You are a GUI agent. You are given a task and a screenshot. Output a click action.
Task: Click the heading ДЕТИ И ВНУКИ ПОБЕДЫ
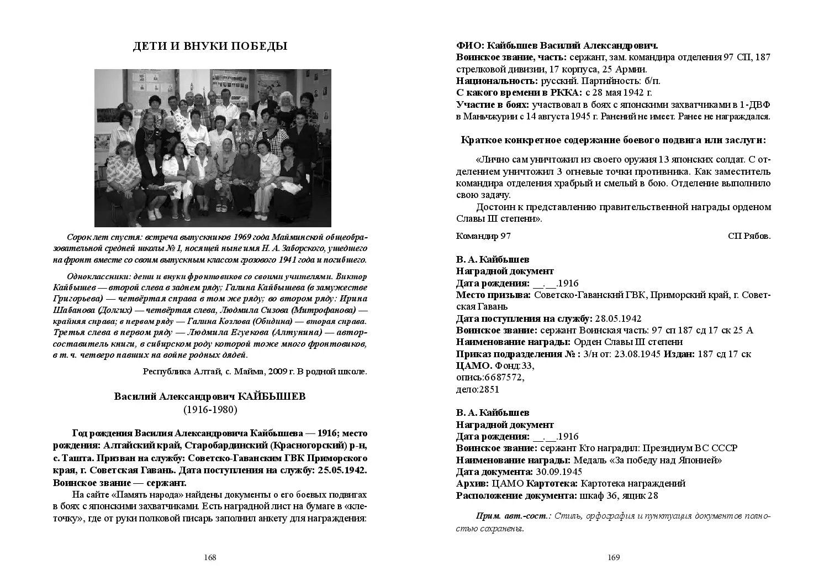[x=210, y=46]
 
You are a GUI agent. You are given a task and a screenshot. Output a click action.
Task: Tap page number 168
[x=210, y=557]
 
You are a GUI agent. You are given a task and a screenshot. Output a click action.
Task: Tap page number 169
[x=614, y=557]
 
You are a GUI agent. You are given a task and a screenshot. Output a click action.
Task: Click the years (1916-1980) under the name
[x=210, y=410]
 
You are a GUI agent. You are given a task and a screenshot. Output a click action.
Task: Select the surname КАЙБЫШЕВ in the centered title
[x=271, y=397]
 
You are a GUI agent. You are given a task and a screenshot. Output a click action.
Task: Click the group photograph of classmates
[x=213, y=148]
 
